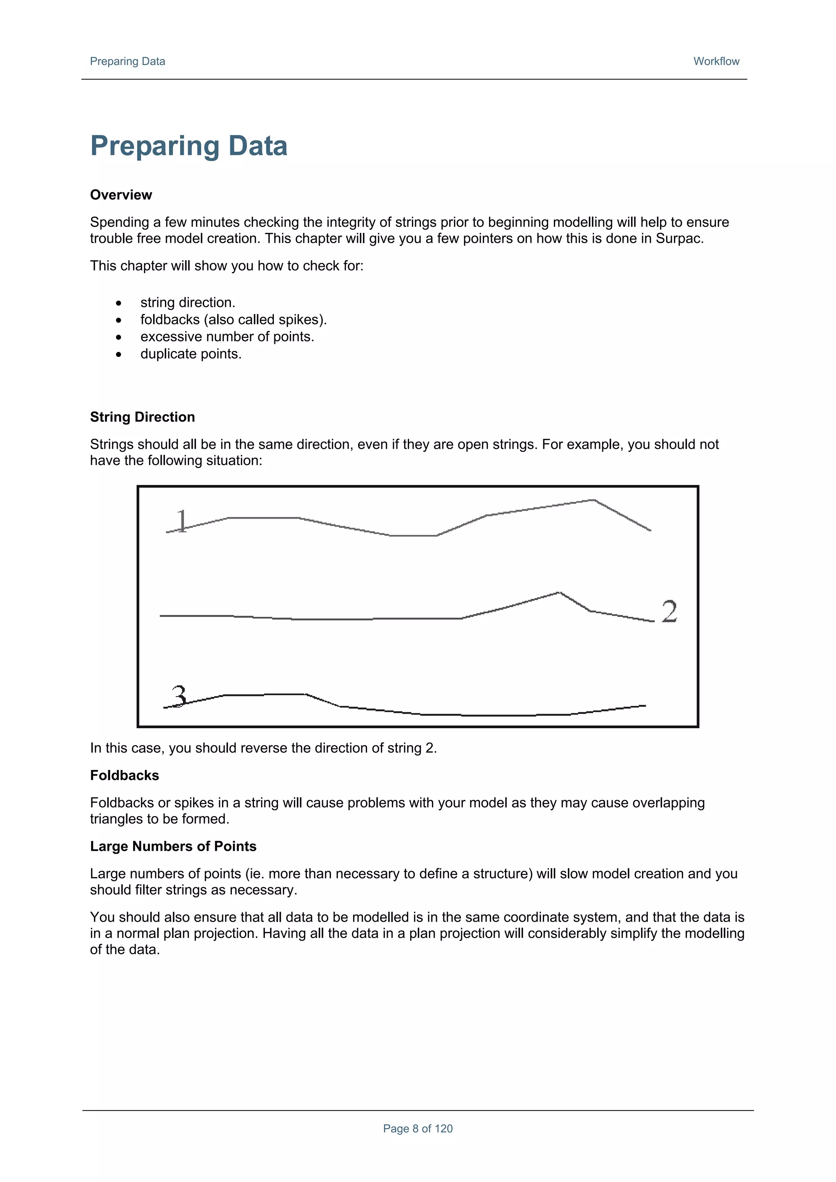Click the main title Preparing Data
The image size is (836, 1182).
[189, 146]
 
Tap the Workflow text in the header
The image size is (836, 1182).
[716, 61]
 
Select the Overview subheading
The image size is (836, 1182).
[121, 195]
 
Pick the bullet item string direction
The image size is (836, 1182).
[187, 302]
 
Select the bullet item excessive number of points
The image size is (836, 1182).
[227, 337]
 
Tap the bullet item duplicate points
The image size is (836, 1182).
[191, 354]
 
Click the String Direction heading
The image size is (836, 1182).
[142, 417]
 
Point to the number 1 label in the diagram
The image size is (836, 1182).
[182, 521]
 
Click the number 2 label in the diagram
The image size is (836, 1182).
[669, 612]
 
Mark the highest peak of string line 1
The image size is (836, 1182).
[594, 500]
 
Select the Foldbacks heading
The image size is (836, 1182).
[124, 775]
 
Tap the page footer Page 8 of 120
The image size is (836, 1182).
[418, 1129]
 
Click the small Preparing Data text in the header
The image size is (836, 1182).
[127, 61]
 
